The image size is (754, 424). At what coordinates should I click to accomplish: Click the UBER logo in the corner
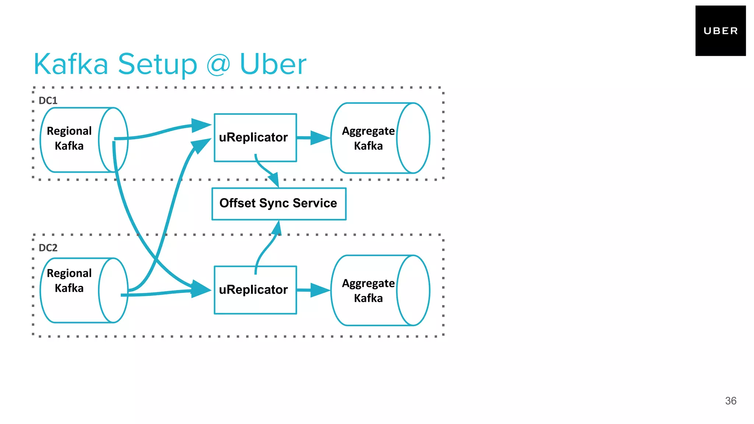720,31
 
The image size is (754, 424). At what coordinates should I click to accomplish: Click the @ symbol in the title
218,64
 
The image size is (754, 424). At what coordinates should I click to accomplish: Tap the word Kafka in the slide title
71,64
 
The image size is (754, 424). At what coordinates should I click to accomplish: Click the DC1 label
48,100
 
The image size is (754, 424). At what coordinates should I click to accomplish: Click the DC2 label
48,248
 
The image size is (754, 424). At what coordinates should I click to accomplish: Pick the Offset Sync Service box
279,204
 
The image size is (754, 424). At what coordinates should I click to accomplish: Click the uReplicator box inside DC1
255,137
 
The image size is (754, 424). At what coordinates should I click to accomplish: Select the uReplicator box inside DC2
255,290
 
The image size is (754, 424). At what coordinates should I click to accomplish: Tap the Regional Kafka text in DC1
69,138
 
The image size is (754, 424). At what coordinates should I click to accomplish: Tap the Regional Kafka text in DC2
69,280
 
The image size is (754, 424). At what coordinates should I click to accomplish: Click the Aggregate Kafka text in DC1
368,138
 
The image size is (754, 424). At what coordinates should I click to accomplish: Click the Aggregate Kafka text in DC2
368,290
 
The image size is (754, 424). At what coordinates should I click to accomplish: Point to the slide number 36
730,401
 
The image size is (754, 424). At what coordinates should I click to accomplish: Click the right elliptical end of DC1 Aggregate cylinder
413,138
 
